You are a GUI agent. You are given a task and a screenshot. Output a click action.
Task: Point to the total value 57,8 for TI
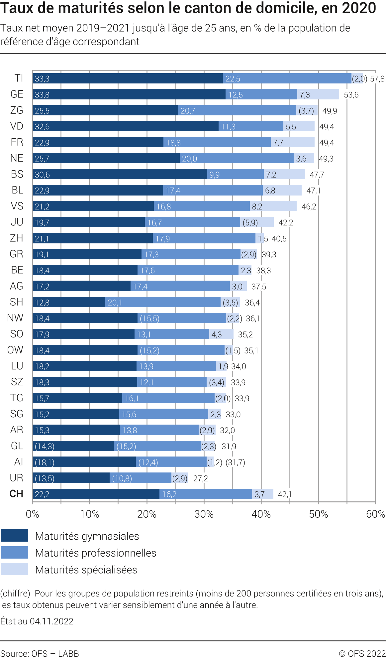pos(377,79)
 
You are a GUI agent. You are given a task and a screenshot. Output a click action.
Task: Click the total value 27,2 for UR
pos(200,478)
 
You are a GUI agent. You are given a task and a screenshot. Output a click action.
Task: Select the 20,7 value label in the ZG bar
pos(188,111)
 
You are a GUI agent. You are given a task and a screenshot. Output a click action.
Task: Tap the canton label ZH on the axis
pos(17,238)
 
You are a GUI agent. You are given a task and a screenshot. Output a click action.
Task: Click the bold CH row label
pos(16,494)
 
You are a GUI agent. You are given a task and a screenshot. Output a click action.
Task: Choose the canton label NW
pos(15,318)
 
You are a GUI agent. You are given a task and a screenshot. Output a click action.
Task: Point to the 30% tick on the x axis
pos(204,514)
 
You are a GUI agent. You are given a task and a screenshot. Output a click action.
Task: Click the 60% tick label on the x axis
pos(375,514)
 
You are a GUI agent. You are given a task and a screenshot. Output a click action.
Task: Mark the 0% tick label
pos(33,514)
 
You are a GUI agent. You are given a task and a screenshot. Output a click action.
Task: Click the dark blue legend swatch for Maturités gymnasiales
pos(15,536)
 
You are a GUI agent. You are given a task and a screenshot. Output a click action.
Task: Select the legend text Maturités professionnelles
pos(96,553)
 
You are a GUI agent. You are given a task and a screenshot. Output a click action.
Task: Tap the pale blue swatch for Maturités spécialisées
pos(15,569)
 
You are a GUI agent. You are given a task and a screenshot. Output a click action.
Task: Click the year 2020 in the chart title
pos(358,8)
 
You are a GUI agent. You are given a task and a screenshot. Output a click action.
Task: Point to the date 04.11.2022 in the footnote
pos(51,621)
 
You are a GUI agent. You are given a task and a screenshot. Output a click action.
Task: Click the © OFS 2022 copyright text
pos(362,654)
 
